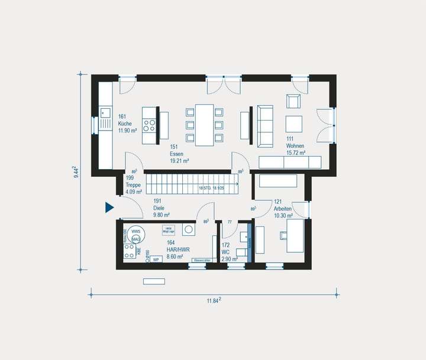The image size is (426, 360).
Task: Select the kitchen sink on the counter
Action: pyautogui.click(x=105, y=112)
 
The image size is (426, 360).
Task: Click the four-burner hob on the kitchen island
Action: pyautogui.click(x=150, y=125)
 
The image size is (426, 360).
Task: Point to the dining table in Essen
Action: pyautogui.click(x=205, y=125)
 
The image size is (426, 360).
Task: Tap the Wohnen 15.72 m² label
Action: pyautogui.click(x=295, y=149)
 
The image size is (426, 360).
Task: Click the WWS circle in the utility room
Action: pyautogui.click(x=135, y=231)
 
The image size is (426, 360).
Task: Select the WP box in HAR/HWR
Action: pyautogui.click(x=156, y=259)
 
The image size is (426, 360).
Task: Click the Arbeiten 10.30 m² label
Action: pyautogui.click(x=283, y=212)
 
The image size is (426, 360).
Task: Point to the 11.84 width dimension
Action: pyautogui.click(x=214, y=300)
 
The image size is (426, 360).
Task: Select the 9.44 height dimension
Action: pyautogui.click(x=77, y=172)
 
